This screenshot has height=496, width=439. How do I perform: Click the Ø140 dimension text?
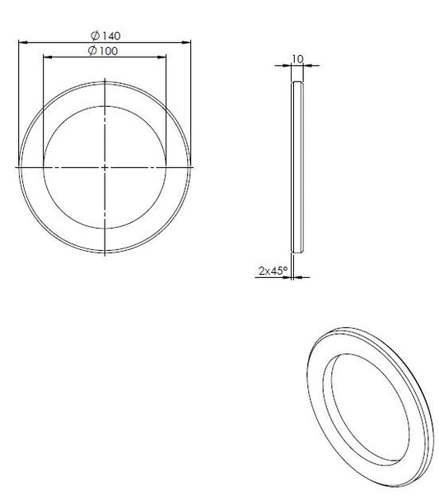tap(105, 35)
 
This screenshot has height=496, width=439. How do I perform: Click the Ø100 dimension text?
tap(103, 51)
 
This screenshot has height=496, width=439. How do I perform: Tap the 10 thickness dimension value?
tap(297, 59)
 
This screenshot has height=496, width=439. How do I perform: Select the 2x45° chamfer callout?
tap(273, 271)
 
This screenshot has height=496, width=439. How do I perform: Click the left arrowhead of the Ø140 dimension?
tap(23, 42)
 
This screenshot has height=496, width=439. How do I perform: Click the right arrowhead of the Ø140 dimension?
tap(186, 42)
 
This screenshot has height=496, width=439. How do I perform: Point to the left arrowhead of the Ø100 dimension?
tap(48, 57)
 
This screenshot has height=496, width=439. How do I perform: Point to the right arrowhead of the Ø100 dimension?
tap(161, 57)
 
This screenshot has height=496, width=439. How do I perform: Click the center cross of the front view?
tap(105, 167)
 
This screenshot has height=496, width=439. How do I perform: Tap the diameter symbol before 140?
tap(95, 35)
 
